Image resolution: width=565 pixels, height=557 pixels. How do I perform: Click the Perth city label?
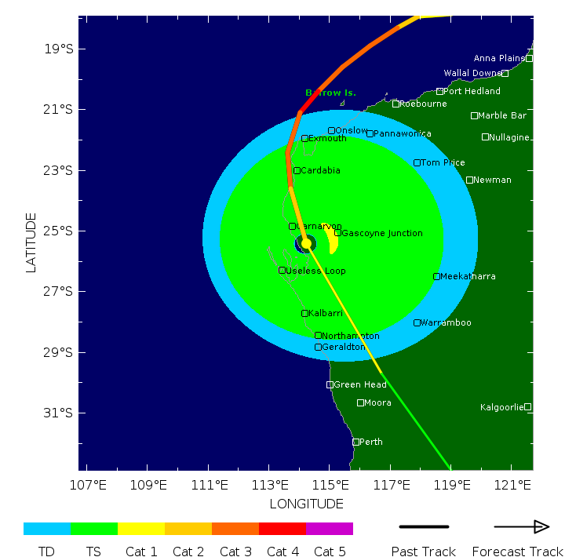[x=371, y=442]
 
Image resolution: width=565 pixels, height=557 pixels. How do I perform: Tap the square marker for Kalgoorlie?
[x=528, y=406]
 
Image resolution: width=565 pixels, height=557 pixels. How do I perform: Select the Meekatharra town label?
[x=468, y=276]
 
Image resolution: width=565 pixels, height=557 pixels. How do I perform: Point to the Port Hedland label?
[x=472, y=91]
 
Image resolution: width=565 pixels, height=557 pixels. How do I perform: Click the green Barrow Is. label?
[x=330, y=93]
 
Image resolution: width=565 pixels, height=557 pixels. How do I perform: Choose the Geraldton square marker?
[x=318, y=347]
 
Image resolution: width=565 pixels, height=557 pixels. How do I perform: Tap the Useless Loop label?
[x=315, y=271]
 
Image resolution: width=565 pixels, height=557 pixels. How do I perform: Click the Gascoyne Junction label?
[x=382, y=233]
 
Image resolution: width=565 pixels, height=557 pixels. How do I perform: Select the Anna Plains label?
[x=498, y=58]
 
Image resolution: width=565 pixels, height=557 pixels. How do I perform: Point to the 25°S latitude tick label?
[x=59, y=231]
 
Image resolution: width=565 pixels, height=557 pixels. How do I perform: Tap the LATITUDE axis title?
[x=31, y=242]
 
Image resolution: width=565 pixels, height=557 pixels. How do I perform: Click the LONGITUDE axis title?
[x=306, y=504]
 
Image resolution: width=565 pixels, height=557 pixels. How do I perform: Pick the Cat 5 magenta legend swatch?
[x=330, y=529]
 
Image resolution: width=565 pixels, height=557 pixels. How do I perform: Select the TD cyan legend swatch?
[x=47, y=529]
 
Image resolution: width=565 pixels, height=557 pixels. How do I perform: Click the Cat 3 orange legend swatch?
[x=235, y=529]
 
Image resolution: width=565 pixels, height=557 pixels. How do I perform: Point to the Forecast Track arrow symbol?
[x=521, y=526]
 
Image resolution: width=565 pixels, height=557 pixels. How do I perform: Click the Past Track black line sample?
[x=424, y=526]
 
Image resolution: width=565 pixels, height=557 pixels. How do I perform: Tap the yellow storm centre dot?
[x=306, y=243]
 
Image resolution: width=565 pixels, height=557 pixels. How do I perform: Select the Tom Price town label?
[x=443, y=162]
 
